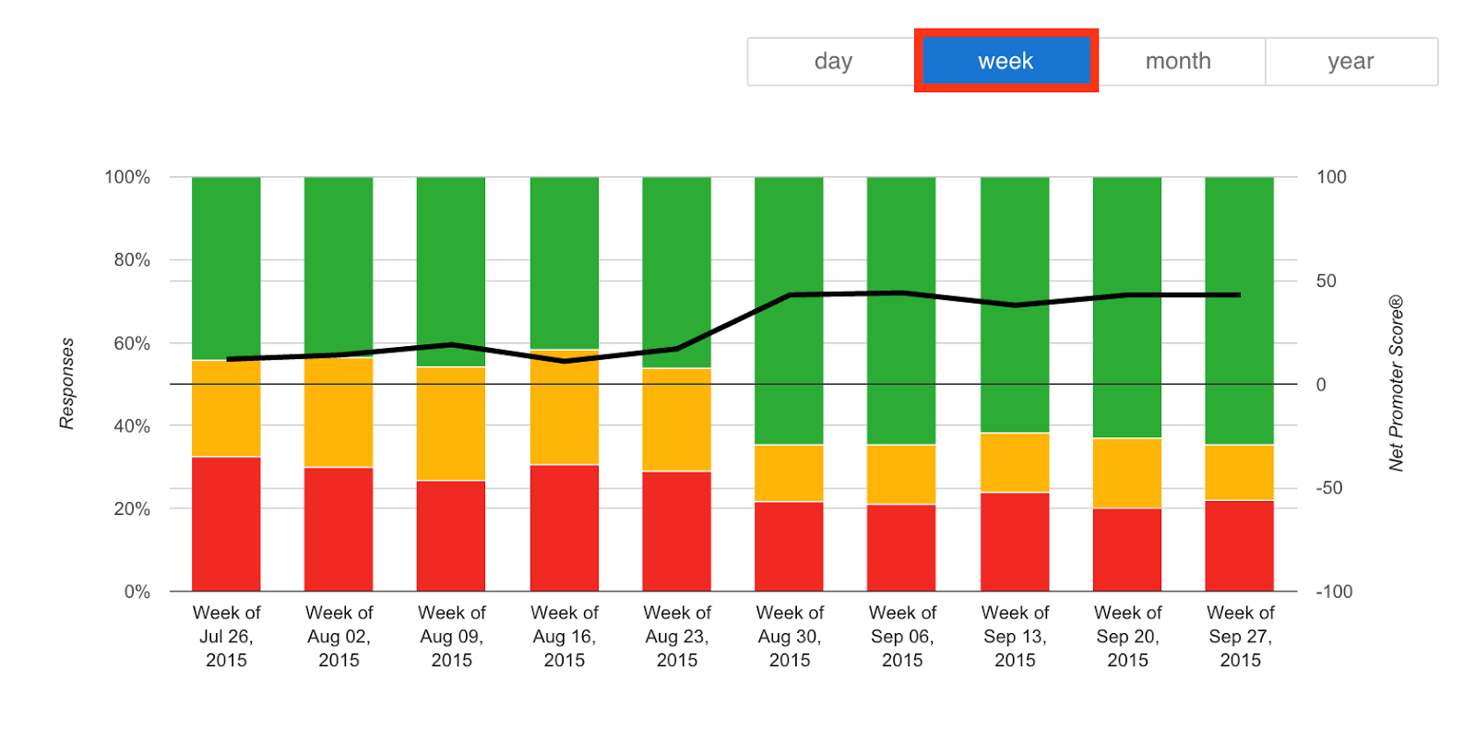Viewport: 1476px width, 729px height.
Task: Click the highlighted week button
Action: [1006, 61]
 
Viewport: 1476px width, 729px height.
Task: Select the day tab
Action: [832, 61]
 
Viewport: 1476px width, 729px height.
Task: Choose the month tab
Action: [1177, 61]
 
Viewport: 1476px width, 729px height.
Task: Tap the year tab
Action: [1351, 61]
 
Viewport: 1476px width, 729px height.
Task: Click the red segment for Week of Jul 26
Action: [226, 523]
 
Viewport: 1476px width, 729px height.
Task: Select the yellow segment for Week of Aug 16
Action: [564, 407]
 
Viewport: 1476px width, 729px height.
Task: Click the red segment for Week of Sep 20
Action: [1126, 549]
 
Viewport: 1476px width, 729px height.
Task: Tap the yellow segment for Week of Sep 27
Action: [1239, 472]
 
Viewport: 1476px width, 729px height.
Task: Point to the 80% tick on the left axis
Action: [132, 260]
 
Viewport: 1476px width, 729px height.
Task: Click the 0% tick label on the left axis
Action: [137, 592]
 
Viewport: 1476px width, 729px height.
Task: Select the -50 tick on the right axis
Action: [1328, 488]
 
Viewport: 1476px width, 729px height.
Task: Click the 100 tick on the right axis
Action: [1330, 177]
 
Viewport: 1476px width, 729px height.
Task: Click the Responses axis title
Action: [66, 383]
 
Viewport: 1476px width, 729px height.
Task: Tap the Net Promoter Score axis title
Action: [1396, 383]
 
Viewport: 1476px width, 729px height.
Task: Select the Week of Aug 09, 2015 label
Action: [451, 636]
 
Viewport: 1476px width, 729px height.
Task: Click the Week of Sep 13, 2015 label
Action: [1014, 636]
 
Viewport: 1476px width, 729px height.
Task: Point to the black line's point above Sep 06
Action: [901, 293]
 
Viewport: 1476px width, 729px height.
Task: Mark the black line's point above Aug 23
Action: [676, 349]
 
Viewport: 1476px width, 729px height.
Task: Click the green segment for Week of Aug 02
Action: [339, 266]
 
